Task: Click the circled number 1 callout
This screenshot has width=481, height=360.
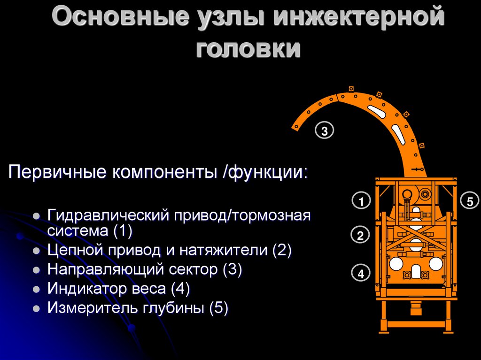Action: (x=361, y=202)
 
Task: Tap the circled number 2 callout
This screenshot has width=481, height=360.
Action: (x=360, y=236)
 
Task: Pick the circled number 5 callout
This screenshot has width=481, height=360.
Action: (x=469, y=201)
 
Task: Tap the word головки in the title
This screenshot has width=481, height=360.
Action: (x=248, y=49)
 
